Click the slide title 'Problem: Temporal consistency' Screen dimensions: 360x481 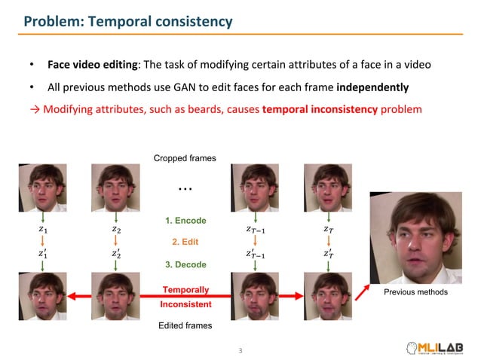(x=128, y=22)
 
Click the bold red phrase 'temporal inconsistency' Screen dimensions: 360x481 (x=320, y=109)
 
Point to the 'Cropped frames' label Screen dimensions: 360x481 (x=185, y=158)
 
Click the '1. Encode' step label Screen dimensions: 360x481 (x=185, y=221)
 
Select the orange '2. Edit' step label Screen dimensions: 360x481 (x=185, y=243)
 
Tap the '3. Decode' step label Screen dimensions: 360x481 (x=185, y=265)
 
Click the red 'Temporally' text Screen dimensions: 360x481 (x=185, y=290)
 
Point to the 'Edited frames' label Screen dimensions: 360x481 (x=185, y=325)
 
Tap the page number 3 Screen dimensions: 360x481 (x=240, y=350)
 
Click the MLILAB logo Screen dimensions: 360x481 (x=440, y=347)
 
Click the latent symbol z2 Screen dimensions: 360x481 (x=115, y=228)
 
